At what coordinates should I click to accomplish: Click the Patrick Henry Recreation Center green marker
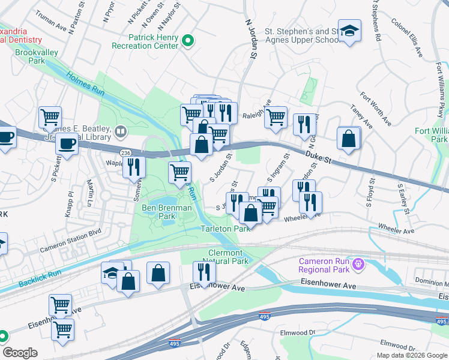[x=188, y=41]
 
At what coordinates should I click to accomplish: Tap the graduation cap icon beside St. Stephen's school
[x=348, y=31]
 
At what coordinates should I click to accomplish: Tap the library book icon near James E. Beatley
[x=121, y=130]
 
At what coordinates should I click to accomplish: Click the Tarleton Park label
[x=224, y=229]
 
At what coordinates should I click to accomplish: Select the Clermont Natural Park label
[x=228, y=257]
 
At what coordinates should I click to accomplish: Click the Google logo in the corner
[x=20, y=352]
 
